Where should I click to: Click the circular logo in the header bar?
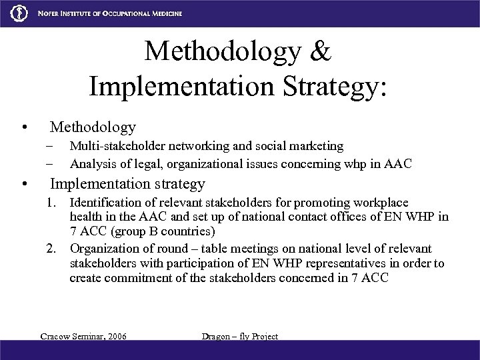pyautogui.click(x=13, y=13)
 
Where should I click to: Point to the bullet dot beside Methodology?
pyautogui.click(x=24, y=127)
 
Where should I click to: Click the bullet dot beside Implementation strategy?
pyautogui.click(x=24, y=184)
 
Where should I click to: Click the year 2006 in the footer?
pyautogui.click(x=114, y=336)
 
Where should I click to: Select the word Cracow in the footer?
pyautogui.click(x=56, y=336)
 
